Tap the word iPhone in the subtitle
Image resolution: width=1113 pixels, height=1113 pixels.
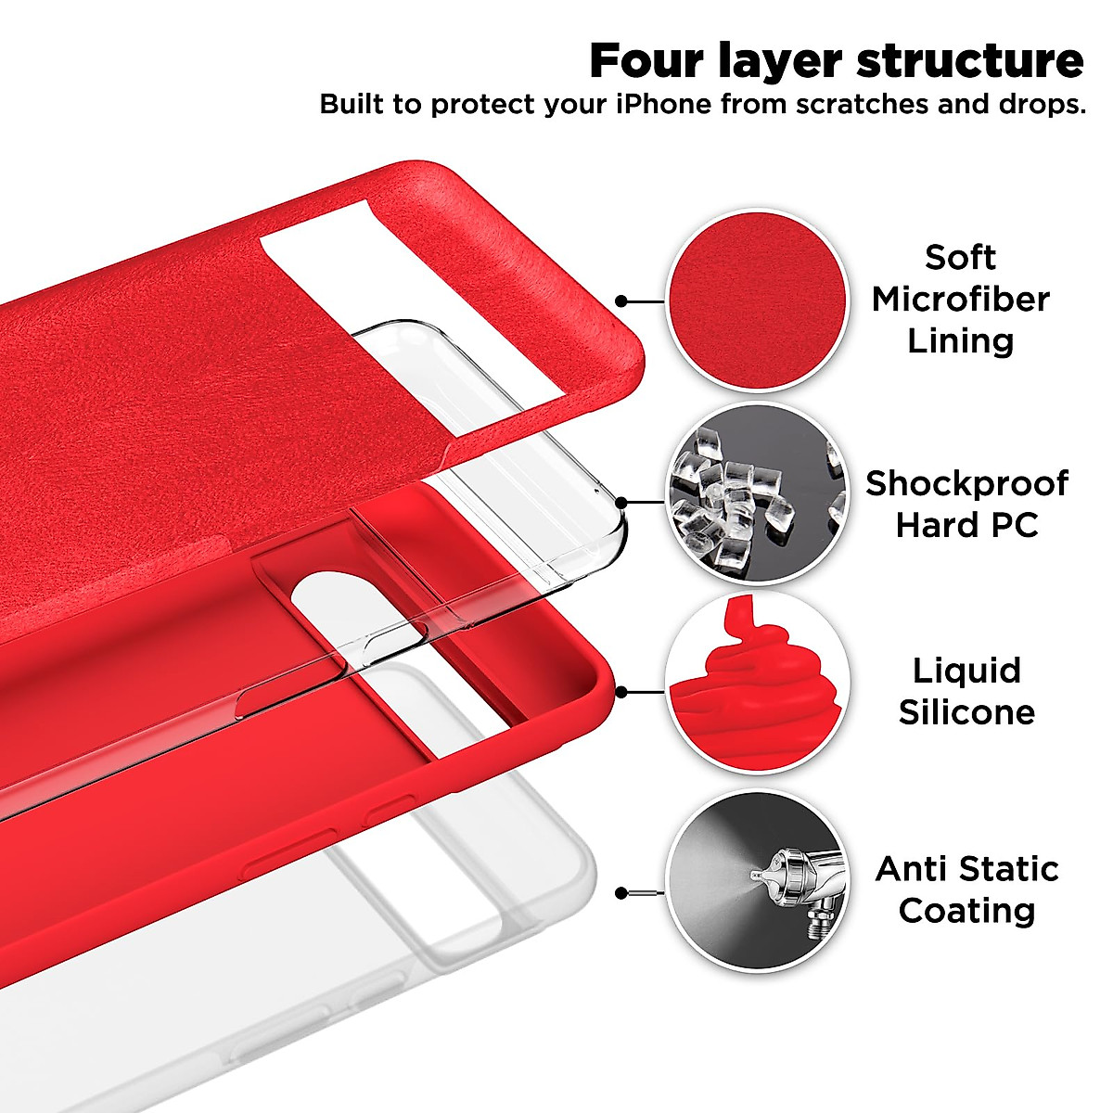[663, 104]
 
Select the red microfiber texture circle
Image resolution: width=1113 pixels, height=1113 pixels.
[758, 301]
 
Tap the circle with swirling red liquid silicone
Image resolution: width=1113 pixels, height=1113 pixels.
[758, 685]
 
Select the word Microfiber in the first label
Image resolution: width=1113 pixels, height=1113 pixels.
[960, 299]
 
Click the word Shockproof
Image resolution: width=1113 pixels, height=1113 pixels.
[966, 483]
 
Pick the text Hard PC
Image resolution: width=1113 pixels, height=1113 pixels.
[966, 525]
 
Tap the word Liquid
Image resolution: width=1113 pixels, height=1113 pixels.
[966, 670]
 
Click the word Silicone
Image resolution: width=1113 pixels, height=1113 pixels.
[966, 711]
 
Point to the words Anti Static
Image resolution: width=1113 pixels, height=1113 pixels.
[966, 869]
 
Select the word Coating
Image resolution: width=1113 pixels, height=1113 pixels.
[966, 910]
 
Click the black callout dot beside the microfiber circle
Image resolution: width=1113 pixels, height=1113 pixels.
[621, 301]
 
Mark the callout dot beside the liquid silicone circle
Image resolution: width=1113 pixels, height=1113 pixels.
[621, 692]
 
